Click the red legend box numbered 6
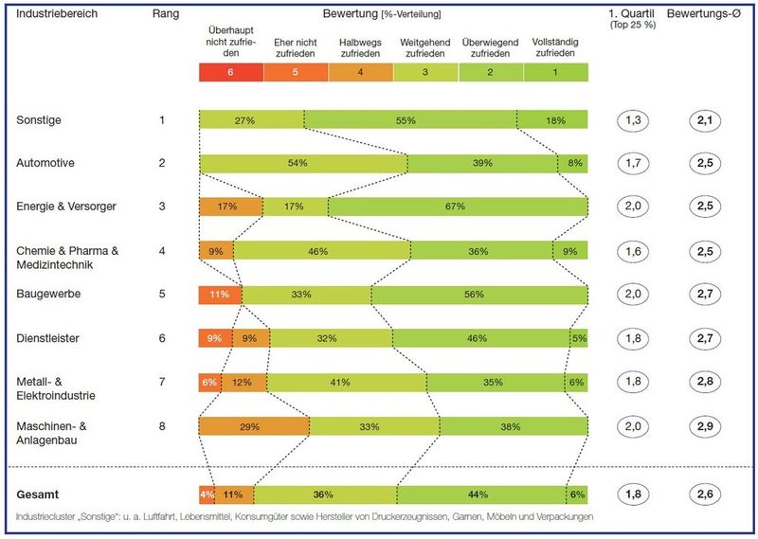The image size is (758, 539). pos(230,72)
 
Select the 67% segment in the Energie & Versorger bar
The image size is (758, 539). pos(458,207)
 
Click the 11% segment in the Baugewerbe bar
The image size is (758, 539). pos(220,295)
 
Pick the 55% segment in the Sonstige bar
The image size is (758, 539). pos(409,119)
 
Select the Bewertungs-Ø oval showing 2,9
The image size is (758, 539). pos(703,426)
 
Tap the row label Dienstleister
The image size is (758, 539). pos(48,338)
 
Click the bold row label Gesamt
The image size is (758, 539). pos(39,494)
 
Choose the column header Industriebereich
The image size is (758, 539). pos(56,14)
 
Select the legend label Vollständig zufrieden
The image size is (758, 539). pos(555,46)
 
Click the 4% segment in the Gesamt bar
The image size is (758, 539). pos(208,494)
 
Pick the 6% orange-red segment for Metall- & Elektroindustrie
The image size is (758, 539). pos(209,383)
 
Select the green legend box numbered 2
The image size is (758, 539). pos(490,72)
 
